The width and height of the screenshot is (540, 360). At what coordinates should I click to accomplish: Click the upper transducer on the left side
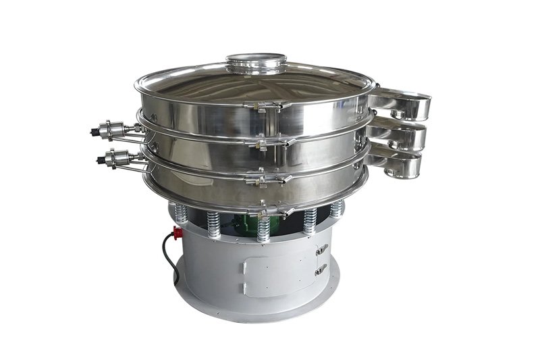[111, 127]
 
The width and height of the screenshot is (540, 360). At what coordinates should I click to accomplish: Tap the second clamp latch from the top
[273, 142]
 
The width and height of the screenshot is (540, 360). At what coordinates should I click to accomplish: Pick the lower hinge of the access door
[320, 269]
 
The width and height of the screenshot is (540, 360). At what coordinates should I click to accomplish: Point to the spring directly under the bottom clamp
[264, 230]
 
